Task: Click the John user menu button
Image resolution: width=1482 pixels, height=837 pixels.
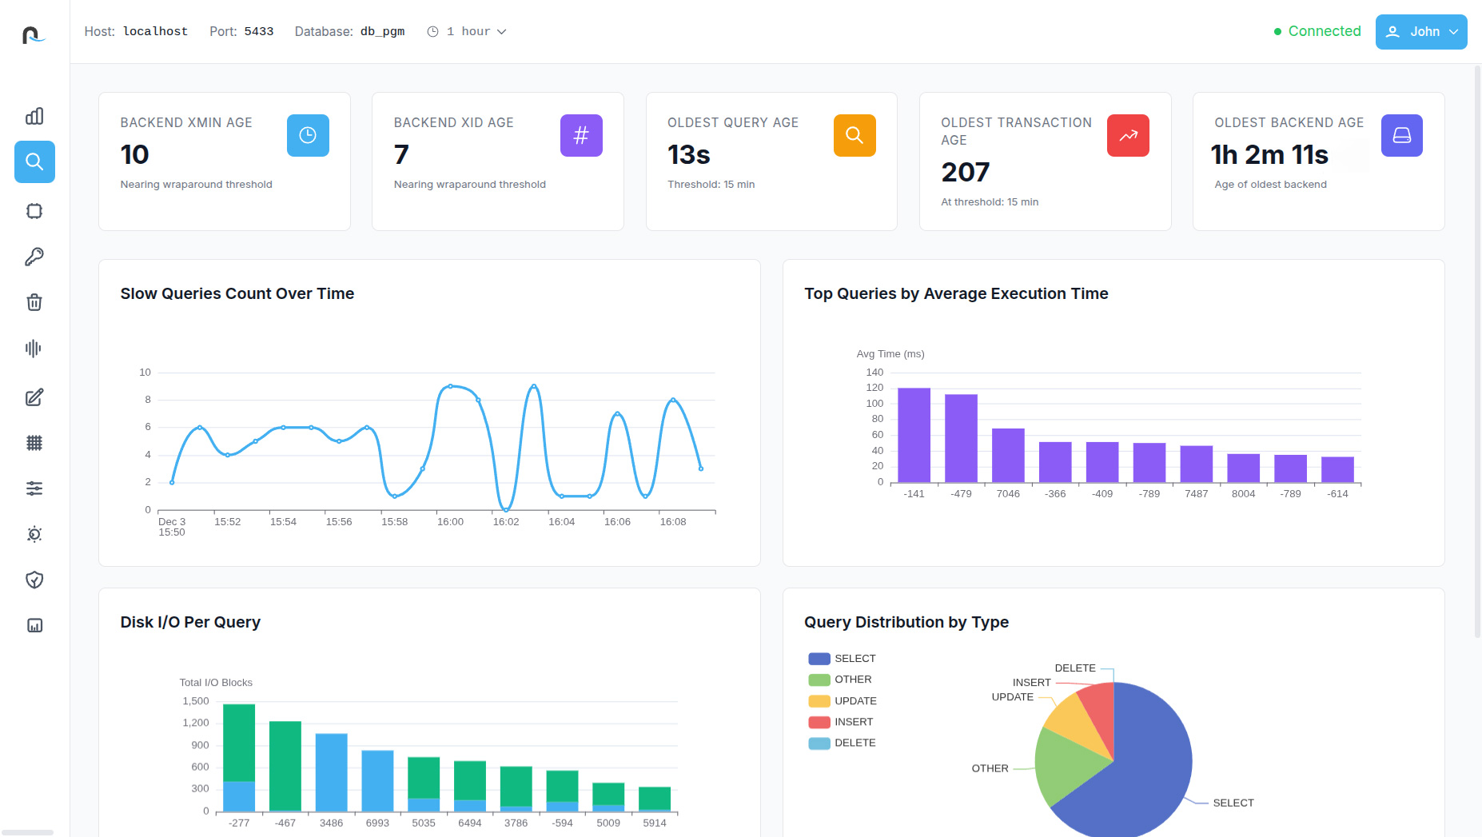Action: [1420, 32]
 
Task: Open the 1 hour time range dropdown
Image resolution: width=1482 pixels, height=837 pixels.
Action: [468, 32]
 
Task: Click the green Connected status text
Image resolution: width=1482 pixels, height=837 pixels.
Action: [1324, 31]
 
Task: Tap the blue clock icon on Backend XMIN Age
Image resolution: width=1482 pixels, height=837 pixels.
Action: [308, 135]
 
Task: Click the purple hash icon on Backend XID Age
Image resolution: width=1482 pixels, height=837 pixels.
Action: [581, 135]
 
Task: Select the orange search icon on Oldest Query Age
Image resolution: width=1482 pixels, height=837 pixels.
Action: [855, 135]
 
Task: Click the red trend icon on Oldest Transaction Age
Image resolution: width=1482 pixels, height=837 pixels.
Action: [1128, 135]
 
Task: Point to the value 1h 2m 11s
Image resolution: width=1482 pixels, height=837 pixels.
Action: [1269, 155]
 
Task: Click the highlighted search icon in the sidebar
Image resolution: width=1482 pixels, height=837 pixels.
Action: [34, 162]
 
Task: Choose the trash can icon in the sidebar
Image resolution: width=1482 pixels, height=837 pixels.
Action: [34, 302]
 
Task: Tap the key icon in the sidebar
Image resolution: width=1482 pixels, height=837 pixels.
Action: [34, 257]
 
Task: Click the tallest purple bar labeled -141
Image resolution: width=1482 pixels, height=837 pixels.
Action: [914, 435]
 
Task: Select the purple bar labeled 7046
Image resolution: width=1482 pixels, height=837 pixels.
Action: [1008, 455]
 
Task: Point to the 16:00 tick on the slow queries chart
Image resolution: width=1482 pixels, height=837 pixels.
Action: [450, 522]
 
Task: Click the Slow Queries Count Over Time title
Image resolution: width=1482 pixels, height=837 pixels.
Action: [237, 293]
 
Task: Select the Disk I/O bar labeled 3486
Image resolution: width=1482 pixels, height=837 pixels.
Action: [331, 772]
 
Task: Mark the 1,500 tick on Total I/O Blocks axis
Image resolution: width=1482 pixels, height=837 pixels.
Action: [196, 701]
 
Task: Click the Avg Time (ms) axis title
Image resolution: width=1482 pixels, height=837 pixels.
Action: [890, 354]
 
